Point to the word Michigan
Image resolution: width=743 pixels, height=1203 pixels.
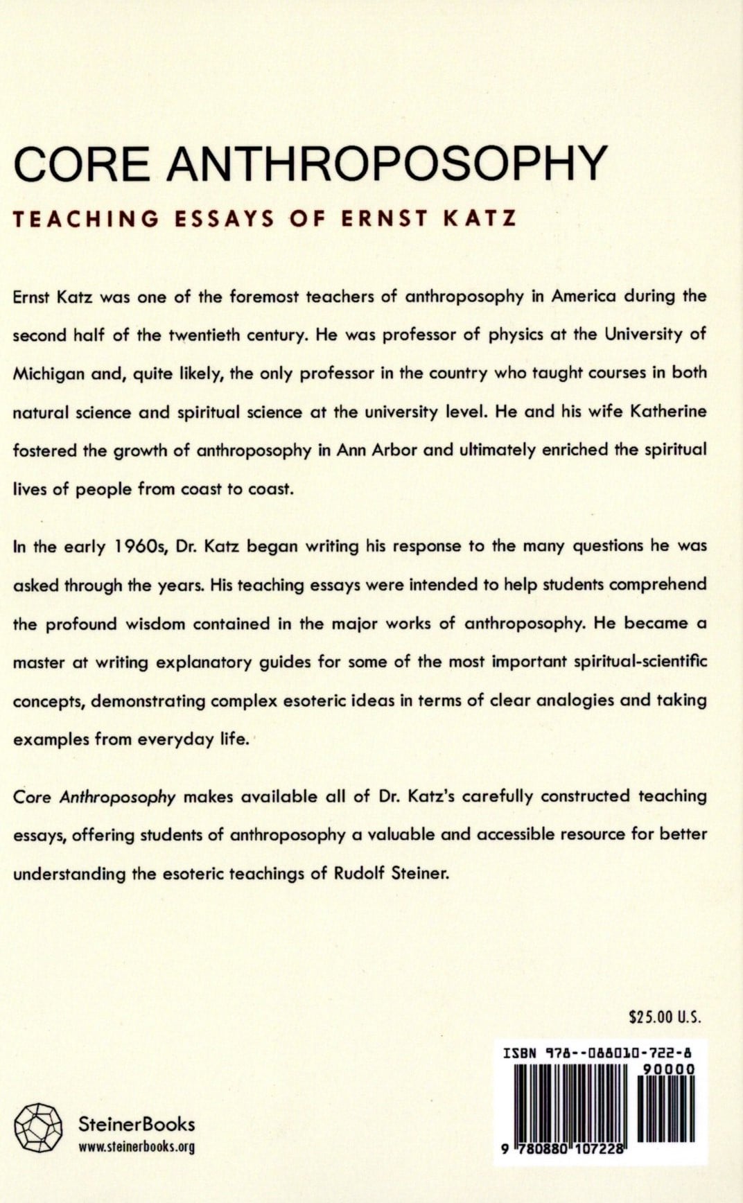click(47, 374)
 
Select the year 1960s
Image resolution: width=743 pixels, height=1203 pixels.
click(141, 546)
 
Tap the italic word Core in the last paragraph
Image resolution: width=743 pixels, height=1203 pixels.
click(32, 796)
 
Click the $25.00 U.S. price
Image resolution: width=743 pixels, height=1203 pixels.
click(665, 1017)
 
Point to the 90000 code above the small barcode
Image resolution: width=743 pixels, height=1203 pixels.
click(668, 1069)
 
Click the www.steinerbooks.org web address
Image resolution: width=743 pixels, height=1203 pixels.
click(137, 1147)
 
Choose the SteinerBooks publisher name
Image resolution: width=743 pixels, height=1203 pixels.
click(137, 1124)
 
